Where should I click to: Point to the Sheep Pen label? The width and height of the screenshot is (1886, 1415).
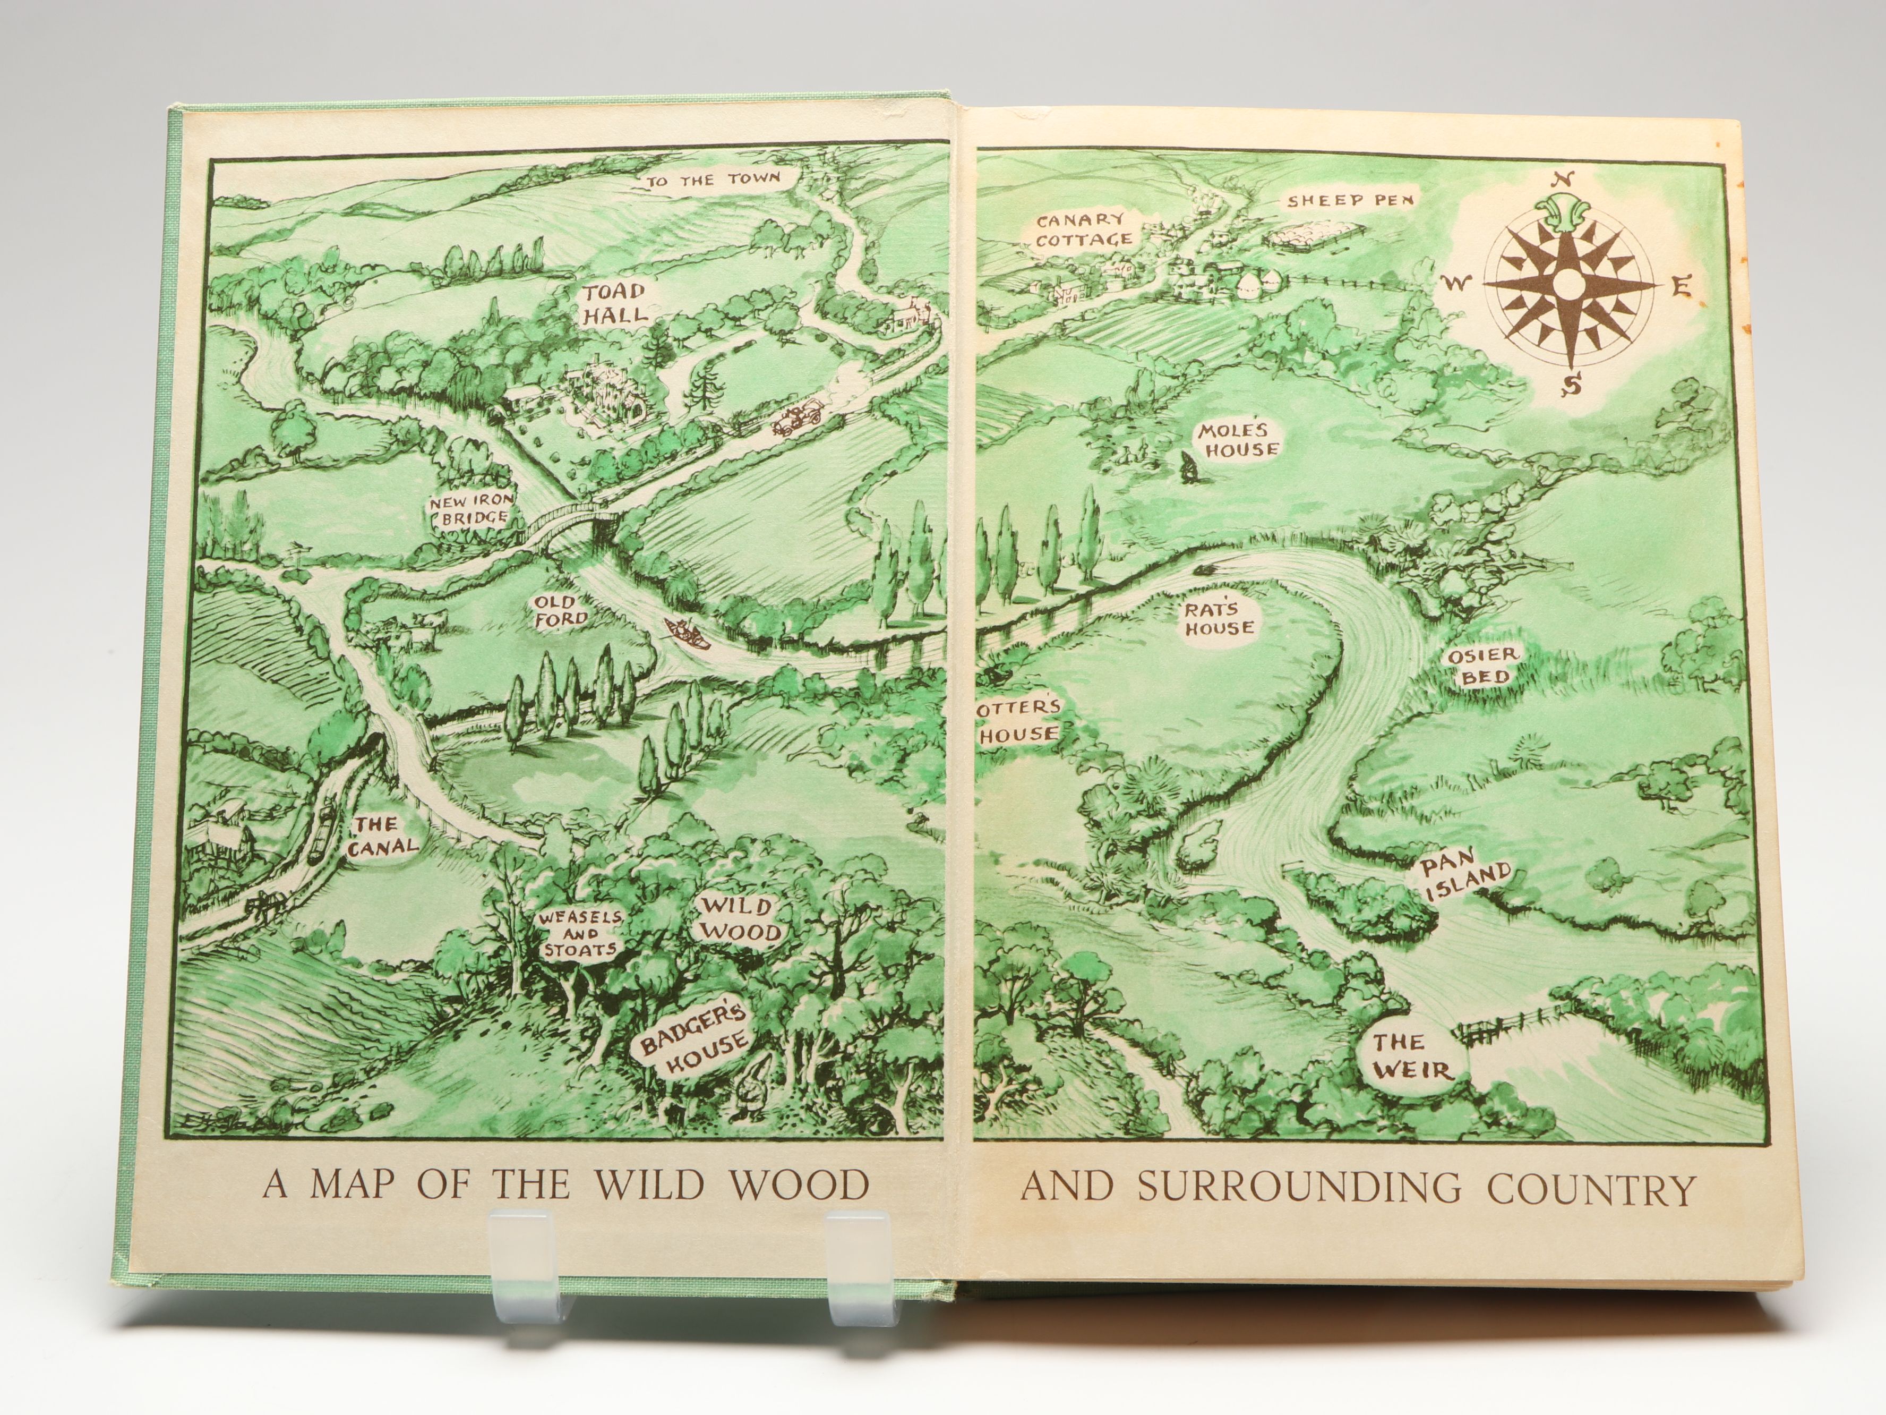coord(1350,201)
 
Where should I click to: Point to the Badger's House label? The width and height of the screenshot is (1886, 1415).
coord(695,1042)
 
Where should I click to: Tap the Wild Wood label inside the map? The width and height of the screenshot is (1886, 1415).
coord(736,918)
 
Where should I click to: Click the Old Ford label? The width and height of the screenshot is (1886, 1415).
coord(560,611)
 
